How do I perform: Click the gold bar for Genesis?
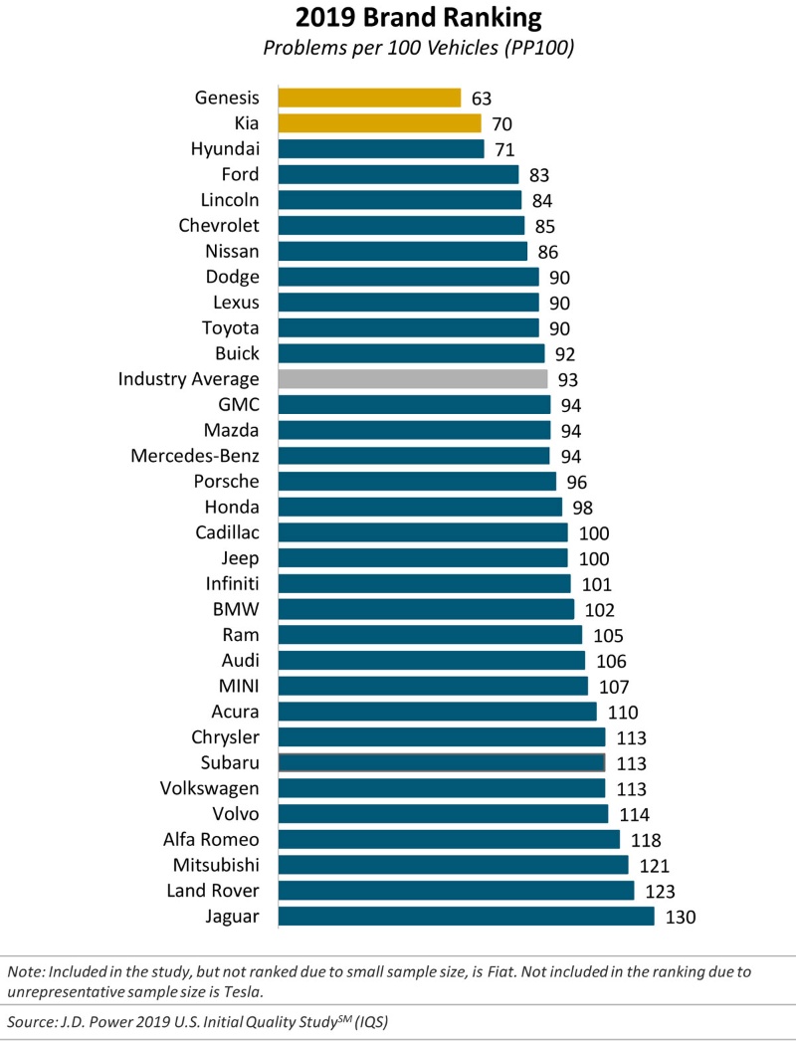click(369, 98)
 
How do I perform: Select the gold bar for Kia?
click(379, 123)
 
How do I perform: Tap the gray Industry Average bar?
click(413, 379)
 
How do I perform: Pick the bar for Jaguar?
click(466, 917)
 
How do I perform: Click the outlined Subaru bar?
click(442, 762)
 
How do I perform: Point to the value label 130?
click(681, 917)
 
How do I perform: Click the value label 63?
click(483, 99)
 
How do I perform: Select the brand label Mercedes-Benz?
click(195, 456)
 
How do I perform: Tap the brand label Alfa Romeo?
click(211, 839)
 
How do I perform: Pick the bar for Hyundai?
click(381, 149)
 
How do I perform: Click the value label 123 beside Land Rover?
click(661, 891)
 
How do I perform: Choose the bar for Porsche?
click(417, 482)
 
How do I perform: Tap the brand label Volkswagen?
click(210, 788)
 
